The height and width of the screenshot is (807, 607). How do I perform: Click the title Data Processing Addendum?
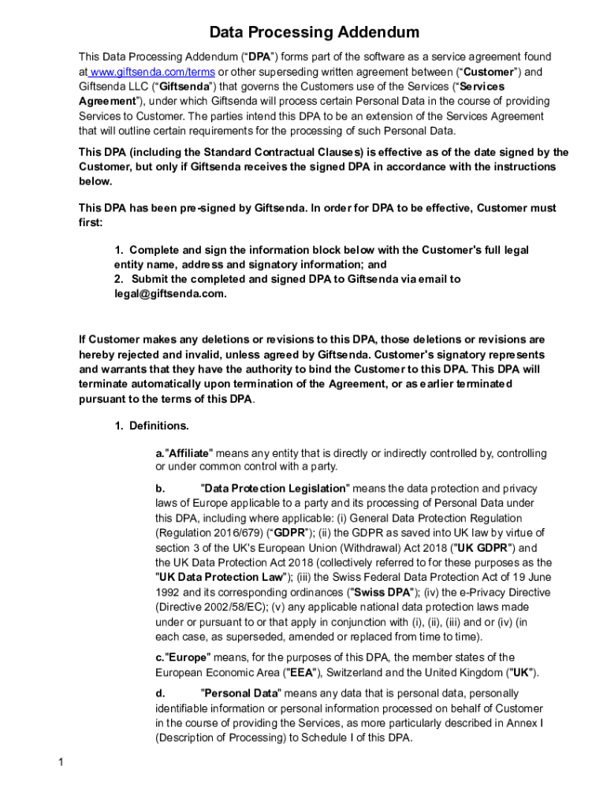tap(314, 32)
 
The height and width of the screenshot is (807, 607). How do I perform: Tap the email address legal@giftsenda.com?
tap(169, 294)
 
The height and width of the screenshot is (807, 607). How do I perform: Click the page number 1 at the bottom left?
tap(61, 762)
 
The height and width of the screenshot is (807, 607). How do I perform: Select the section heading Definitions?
tap(158, 426)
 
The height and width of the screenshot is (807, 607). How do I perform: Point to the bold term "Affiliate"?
tap(189, 454)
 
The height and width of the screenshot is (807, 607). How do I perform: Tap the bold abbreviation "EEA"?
tap(300, 672)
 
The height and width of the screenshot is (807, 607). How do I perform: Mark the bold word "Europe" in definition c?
tap(187, 657)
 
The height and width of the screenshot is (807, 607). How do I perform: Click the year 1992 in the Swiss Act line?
tap(169, 592)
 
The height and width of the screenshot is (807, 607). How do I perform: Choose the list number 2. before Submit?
tap(119, 279)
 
